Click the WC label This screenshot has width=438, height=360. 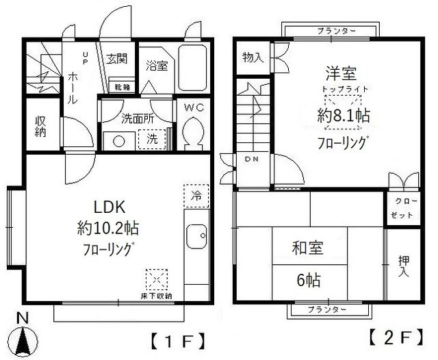194,107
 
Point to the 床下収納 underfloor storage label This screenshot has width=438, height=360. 157,295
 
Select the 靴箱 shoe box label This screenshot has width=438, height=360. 124,88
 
